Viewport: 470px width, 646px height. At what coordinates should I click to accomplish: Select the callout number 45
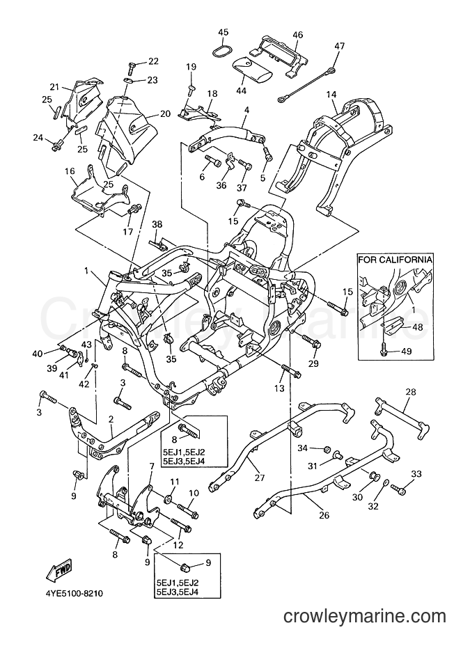click(224, 33)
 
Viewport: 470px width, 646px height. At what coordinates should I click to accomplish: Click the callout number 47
click(339, 46)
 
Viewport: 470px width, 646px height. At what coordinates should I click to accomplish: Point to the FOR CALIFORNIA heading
click(395, 260)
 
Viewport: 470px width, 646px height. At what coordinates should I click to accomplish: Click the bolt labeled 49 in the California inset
click(384, 349)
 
